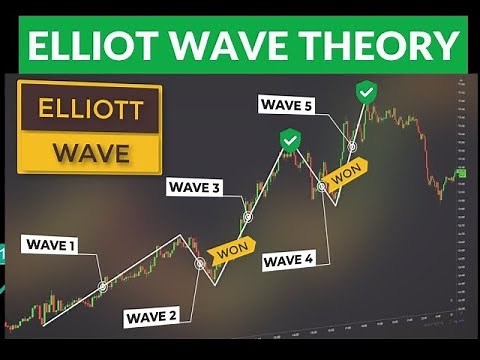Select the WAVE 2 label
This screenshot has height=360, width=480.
tap(152, 318)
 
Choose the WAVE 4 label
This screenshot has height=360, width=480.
tap(288, 261)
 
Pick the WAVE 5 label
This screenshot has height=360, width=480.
tap(286, 103)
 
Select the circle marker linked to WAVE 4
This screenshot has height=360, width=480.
tap(322, 186)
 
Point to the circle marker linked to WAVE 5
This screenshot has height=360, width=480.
tap(352, 146)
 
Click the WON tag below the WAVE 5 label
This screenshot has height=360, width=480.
tap(346, 176)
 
